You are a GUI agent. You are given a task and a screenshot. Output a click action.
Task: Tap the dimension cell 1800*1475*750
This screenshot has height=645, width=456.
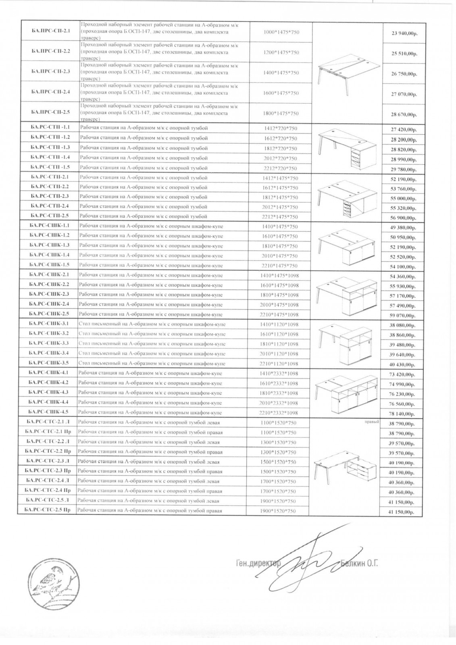[x=281, y=113]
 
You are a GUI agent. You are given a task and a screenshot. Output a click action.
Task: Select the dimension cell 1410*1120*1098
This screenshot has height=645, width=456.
[x=280, y=324]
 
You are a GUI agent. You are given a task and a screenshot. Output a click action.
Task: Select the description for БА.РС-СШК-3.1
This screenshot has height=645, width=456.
[x=152, y=324]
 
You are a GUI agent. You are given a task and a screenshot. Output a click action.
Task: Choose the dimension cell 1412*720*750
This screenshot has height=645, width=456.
[x=281, y=128]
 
